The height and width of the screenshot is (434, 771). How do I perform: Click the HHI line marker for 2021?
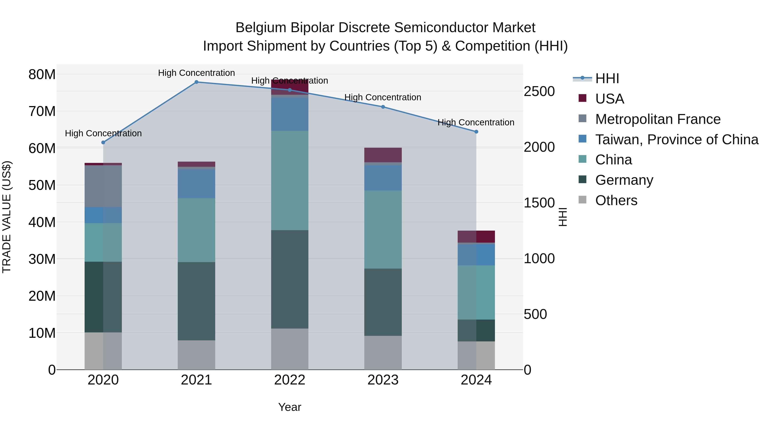(x=196, y=82)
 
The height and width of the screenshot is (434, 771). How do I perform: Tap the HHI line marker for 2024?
(x=476, y=132)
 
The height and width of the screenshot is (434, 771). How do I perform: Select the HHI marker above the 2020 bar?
(x=103, y=143)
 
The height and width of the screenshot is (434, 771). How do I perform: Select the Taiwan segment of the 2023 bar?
(x=383, y=178)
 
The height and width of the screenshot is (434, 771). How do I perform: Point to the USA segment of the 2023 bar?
(x=383, y=155)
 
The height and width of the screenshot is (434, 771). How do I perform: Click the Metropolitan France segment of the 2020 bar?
(x=103, y=186)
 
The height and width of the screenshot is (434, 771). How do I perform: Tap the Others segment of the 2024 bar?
(x=476, y=356)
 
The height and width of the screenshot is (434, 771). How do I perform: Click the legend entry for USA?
(x=609, y=99)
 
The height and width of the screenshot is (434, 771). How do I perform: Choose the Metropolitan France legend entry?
(x=657, y=119)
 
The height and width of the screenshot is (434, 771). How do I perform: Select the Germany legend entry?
(x=624, y=180)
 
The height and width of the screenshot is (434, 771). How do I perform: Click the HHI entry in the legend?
(x=607, y=78)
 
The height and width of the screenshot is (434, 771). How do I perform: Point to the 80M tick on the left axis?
(x=42, y=74)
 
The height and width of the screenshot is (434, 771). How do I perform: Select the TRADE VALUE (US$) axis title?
(x=7, y=217)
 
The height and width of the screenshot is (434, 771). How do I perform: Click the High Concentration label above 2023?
(x=383, y=97)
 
